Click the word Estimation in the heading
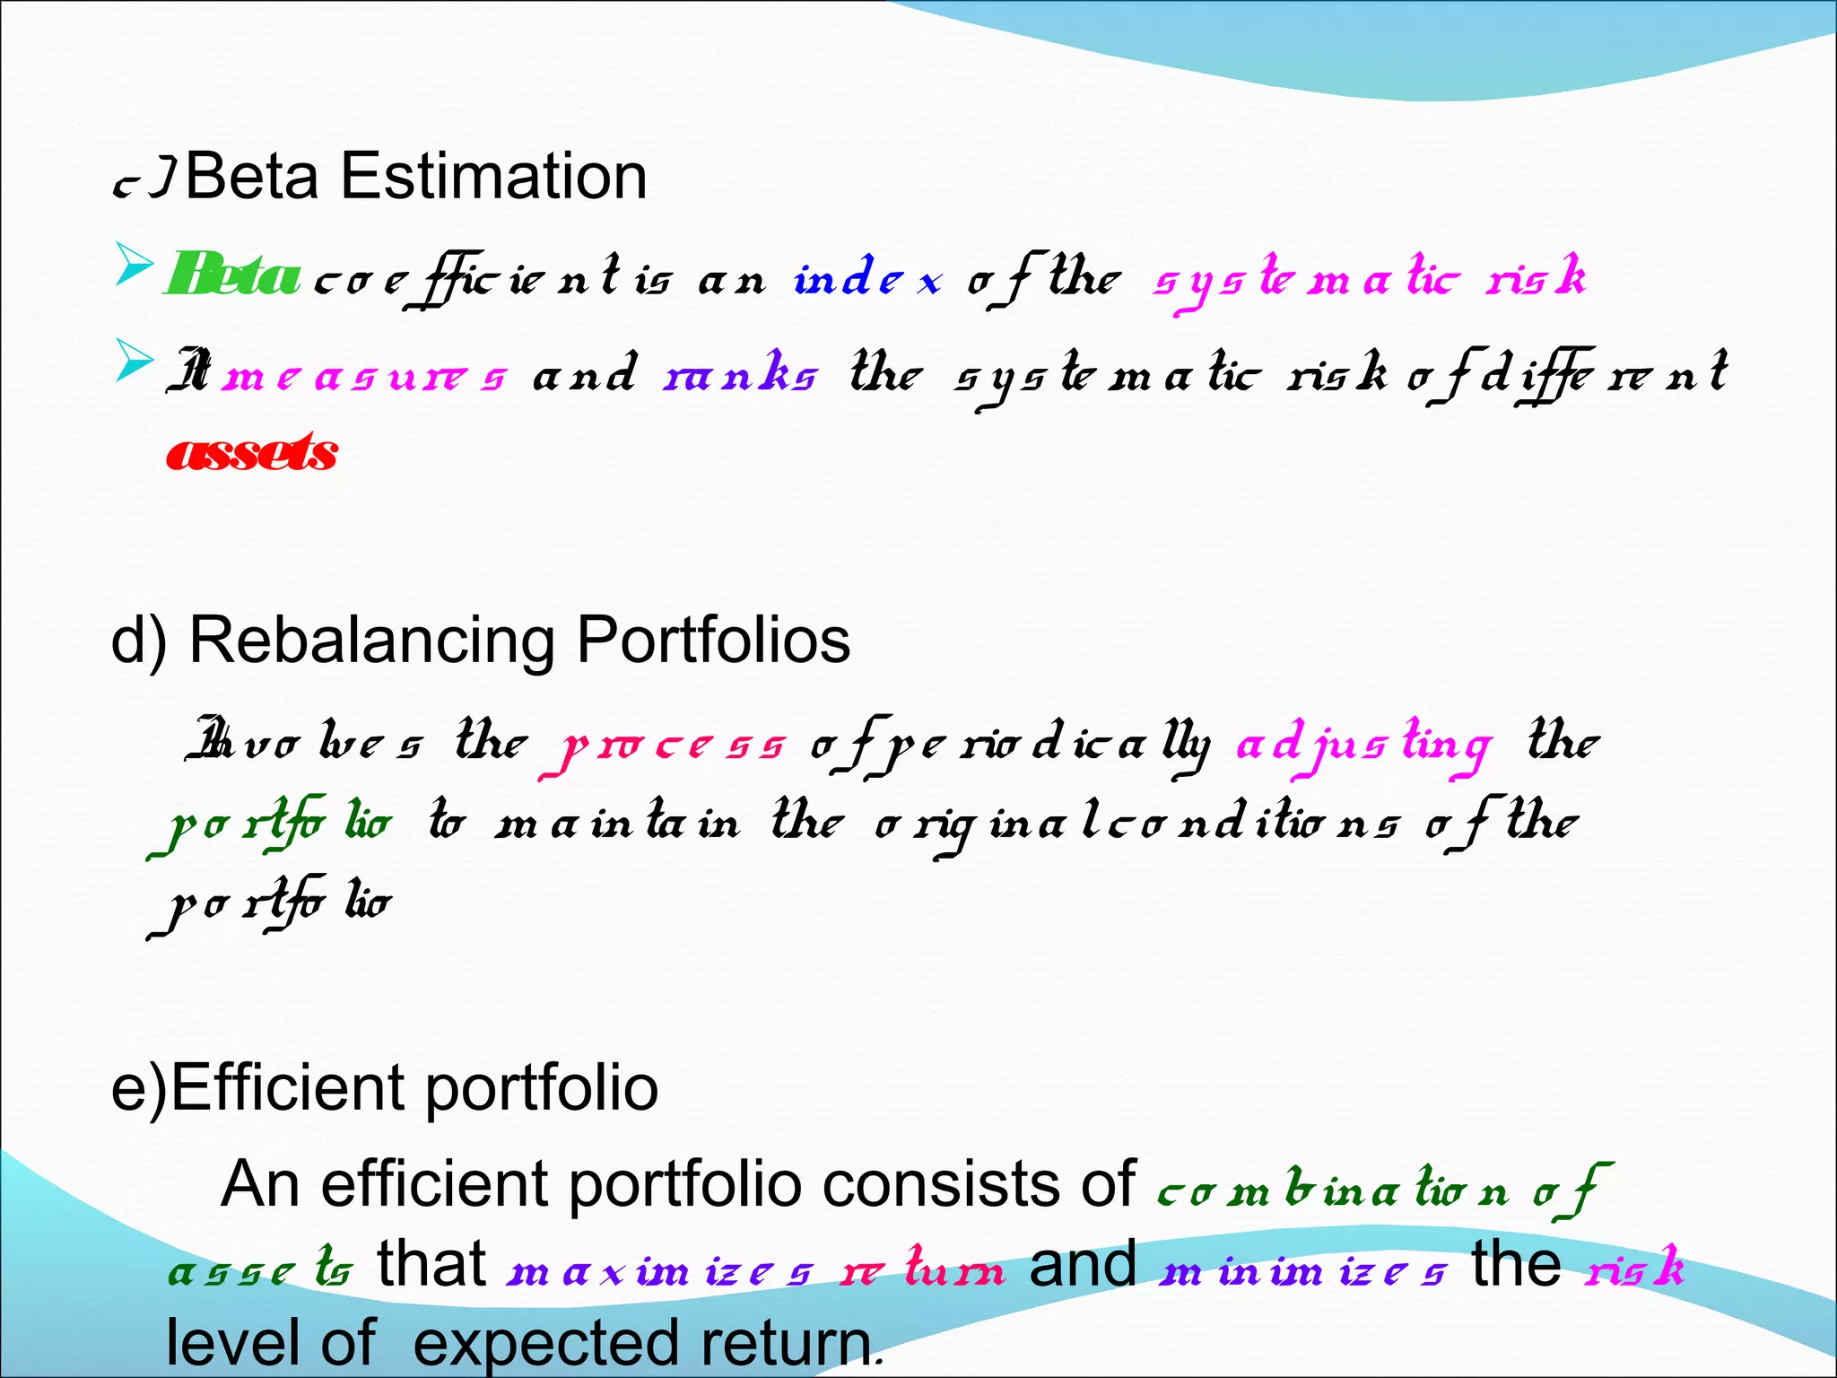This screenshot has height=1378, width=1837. pyautogui.click(x=493, y=176)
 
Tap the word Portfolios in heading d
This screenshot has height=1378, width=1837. pyautogui.click(x=713, y=640)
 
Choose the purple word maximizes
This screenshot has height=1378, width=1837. pyautogui.click(x=660, y=1270)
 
